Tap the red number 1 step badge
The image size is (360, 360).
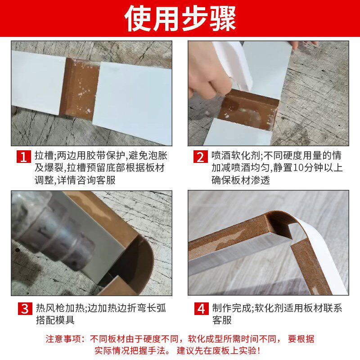[24, 157]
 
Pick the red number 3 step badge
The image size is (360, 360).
[24, 309]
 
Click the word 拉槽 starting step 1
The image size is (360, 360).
[44, 157]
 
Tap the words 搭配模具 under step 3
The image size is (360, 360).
[54, 320]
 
